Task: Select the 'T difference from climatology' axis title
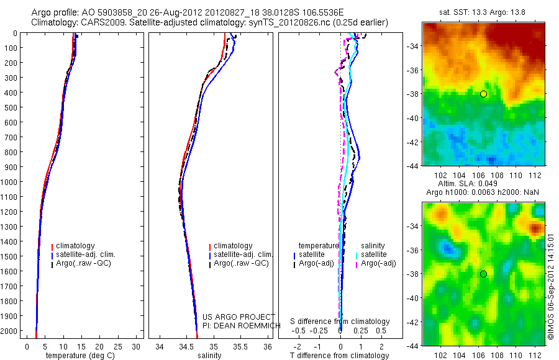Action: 340,356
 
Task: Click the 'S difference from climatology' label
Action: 340,322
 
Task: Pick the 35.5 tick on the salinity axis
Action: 240,346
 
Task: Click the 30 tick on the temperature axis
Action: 137,346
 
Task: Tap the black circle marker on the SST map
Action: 483,94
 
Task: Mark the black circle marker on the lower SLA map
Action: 483,274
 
